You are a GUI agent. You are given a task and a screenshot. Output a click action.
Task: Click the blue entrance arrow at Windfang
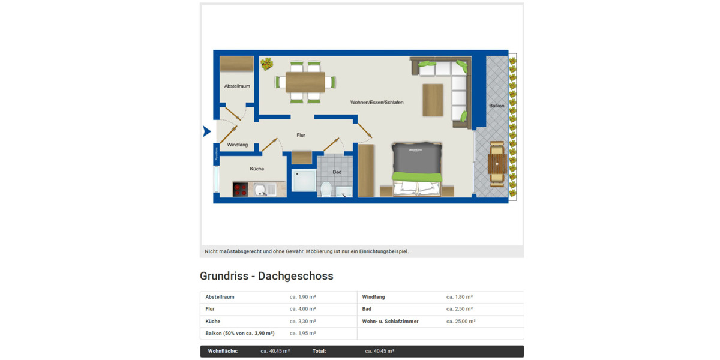pyautogui.click(x=206, y=131)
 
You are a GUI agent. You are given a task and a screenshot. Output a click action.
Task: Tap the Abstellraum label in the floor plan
pyautogui.click(x=237, y=86)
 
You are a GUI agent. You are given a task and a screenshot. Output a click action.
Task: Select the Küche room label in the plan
pyautogui.click(x=257, y=169)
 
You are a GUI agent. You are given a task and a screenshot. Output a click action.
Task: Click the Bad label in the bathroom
pyautogui.click(x=337, y=172)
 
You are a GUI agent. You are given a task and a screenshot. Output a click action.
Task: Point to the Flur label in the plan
pyautogui.click(x=301, y=136)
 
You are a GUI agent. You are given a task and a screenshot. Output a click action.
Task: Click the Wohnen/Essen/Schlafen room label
pyautogui.click(x=377, y=103)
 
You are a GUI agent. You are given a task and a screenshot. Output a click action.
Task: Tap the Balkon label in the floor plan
pyautogui.click(x=496, y=106)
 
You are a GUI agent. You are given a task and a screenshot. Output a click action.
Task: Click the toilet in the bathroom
pyautogui.click(x=326, y=189)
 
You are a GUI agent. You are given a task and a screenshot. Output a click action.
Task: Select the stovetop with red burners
pyautogui.click(x=241, y=190)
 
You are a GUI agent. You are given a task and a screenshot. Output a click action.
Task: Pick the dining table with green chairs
pyautogui.click(x=305, y=82)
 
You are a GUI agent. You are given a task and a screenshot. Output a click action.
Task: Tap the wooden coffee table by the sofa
pyautogui.click(x=433, y=100)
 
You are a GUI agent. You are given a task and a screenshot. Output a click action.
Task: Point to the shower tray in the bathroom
pyautogui.click(x=304, y=181)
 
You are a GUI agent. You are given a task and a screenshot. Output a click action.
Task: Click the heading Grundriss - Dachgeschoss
pyautogui.click(x=266, y=276)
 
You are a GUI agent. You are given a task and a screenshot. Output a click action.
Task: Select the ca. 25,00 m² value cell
pyautogui.click(x=460, y=322)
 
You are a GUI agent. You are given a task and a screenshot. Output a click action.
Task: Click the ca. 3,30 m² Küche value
pyautogui.click(x=302, y=322)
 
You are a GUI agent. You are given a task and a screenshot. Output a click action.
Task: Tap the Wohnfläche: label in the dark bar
pyautogui.click(x=223, y=351)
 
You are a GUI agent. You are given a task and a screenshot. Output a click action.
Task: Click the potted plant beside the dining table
pyautogui.click(x=266, y=63)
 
